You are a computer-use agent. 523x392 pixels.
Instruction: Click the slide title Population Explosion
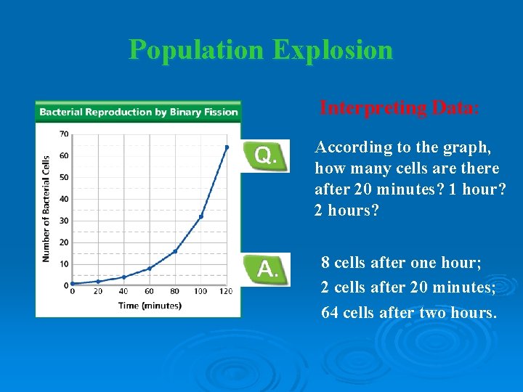pyautogui.click(x=261, y=49)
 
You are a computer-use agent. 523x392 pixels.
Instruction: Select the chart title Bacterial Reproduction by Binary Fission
pyautogui.click(x=138, y=112)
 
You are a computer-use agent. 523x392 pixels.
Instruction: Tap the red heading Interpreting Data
pyautogui.click(x=399, y=108)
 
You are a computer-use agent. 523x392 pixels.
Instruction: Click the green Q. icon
pyautogui.click(x=266, y=155)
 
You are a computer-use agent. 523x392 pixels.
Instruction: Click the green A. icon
pyautogui.click(x=266, y=269)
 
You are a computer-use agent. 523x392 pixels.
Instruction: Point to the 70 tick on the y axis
pyautogui.click(x=64, y=134)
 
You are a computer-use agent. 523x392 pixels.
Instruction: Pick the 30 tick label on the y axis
pyautogui.click(x=64, y=221)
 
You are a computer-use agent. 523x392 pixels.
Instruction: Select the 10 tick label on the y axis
pyautogui.click(x=64, y=264)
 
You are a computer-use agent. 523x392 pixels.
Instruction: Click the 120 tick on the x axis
pyautogui.click(x=226, y=291)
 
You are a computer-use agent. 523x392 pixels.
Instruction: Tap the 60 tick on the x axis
pyautogui.click(x=150, y=291)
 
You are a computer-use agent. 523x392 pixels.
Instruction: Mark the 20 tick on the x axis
pyautogui.click(x=98, y=291)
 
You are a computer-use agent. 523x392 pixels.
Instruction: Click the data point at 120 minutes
pyautogui.click(x=227, y=147)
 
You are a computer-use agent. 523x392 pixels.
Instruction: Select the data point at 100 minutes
pyautogui.click(x=201, y=216)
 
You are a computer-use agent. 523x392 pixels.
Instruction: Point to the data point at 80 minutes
pyautogui.click(x=175, y=251)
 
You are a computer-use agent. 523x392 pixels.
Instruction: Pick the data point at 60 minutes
pyautogui.click(x=150, y=269)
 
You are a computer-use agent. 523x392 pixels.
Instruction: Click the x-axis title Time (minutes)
pyautogui.click(x=150, y=306)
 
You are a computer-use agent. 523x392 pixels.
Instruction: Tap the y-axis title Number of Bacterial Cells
pyautogui.click(x=46, y=208)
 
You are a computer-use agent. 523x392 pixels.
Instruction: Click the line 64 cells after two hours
pyautogui.click(x=409, y=313)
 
